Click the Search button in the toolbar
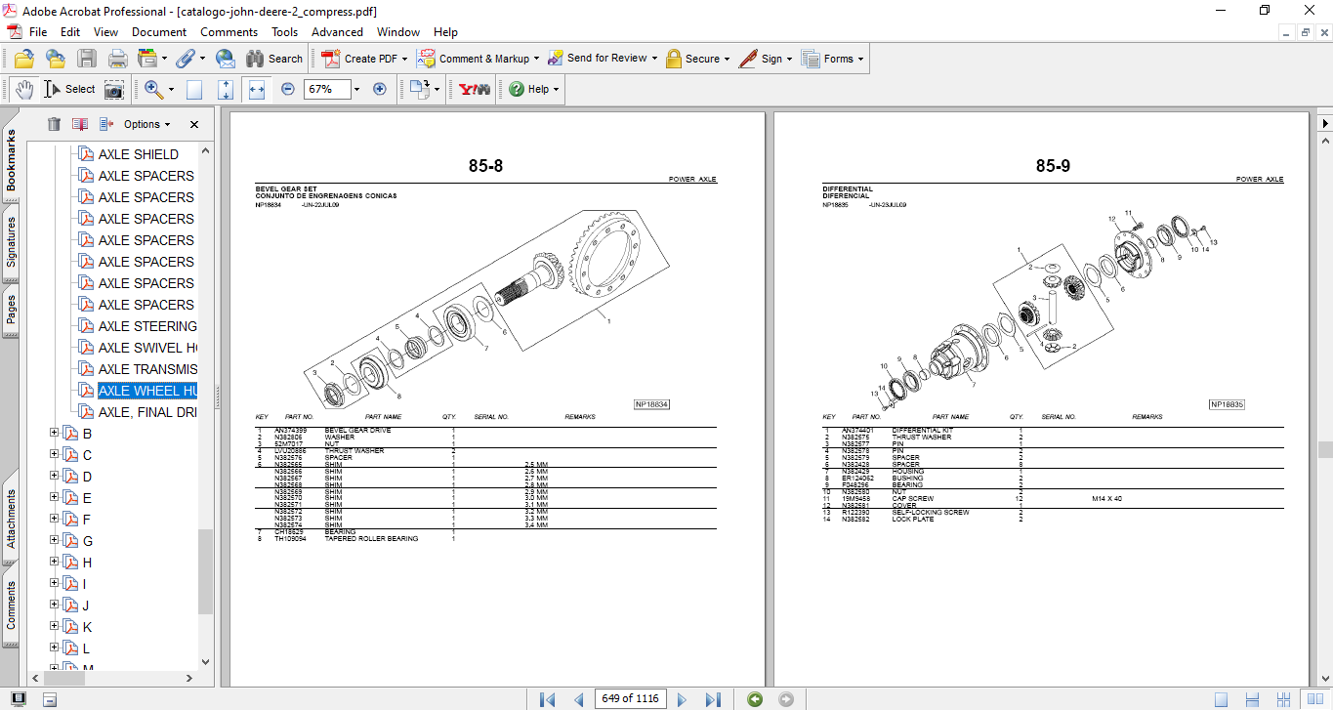point(274,59)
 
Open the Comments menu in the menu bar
point(229,32)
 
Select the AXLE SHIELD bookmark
point(138,154)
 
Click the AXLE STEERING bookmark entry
point(146,326)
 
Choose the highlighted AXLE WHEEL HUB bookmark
point(146,391)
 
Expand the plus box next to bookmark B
point(55,434)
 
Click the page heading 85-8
point(485,166)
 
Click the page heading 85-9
point(1053,166)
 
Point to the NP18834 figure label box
point(651,404)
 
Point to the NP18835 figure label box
point(1227,404)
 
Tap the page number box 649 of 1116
point(630,699)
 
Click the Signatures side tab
point(11,241)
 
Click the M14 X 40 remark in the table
point(1106,499)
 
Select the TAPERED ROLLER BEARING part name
point(371,539)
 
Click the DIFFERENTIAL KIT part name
point(922,431)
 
